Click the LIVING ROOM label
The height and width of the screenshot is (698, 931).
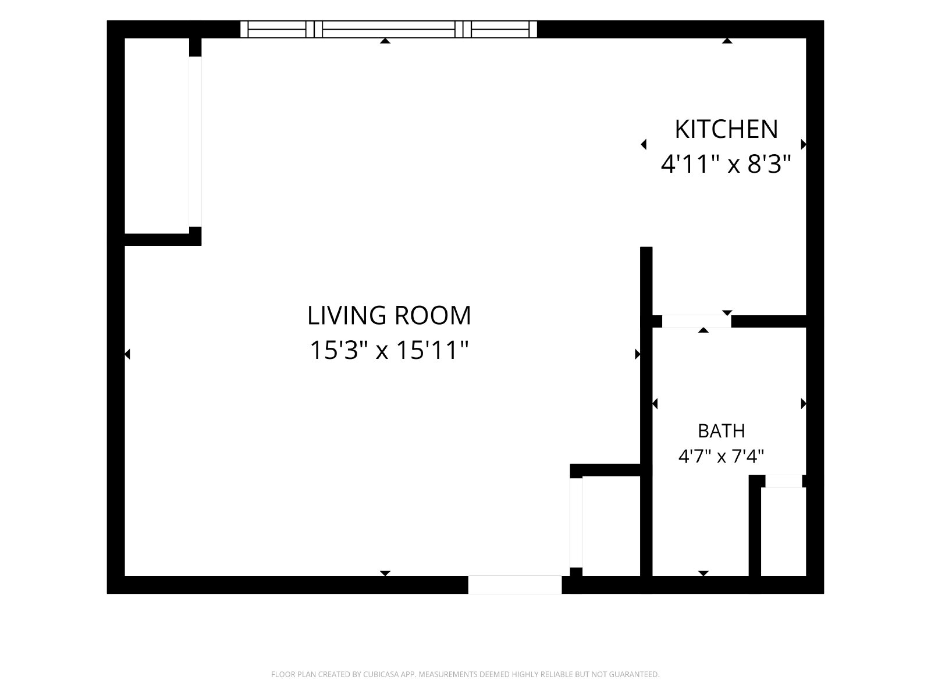click(x=389, y=316)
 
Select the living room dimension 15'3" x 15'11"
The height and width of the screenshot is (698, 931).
click(x=389, y=350)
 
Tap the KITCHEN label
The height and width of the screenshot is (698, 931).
click(x=726, y=129)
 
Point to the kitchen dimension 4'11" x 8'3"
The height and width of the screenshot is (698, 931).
click(x=726, y=164)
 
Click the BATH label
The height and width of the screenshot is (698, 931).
click(x=721, y=431)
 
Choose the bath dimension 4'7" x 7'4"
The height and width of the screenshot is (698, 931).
click(x=721, y=457)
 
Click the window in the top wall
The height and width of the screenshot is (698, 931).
click(x=388, y=29)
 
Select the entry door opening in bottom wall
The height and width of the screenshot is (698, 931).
click(x=514, y=585)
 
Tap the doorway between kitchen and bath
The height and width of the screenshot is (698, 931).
click(x=697, y=321)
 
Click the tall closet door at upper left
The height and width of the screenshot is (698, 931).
click(x=195, y=141)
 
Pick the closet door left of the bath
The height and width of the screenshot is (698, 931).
click(x=576, y=522)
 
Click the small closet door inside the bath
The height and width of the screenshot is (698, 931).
click(x=783, y=481)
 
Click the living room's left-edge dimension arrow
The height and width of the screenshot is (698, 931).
click(x=127, y=354)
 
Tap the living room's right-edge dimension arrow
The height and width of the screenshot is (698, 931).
click(x=637, y=354)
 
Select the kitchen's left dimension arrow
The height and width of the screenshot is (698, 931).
click(x=644, y=144)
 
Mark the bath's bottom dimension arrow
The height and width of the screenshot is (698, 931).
click(x=703, y=574)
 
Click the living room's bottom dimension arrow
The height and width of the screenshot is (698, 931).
click(x=385, y=574)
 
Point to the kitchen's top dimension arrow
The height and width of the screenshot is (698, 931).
click(x=727, y=41)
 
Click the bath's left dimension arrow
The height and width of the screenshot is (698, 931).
click(x=655, y=404)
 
